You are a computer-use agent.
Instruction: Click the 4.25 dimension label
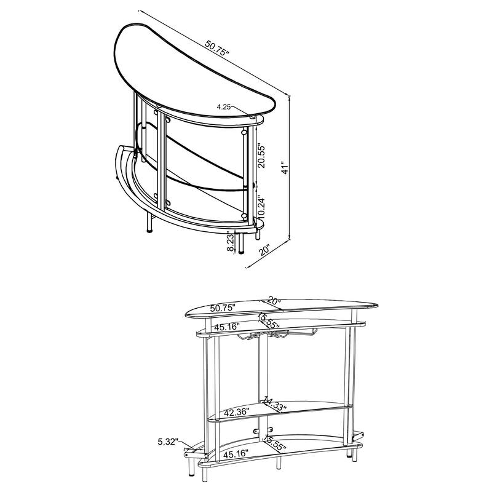[223, 107]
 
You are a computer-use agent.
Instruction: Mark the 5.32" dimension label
[167, 441]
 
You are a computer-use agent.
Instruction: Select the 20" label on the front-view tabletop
[272, 301]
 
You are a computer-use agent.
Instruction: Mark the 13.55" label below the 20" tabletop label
[269, 319]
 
